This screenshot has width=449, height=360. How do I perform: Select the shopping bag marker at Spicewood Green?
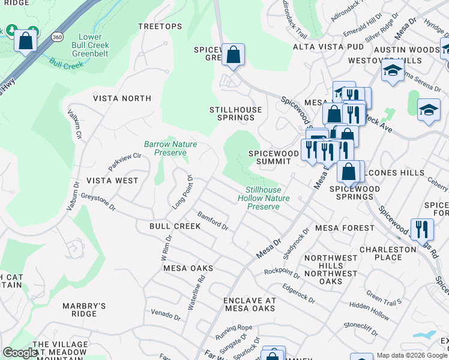233,55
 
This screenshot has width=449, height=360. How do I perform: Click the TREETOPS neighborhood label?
160,26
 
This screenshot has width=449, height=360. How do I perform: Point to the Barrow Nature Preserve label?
170,148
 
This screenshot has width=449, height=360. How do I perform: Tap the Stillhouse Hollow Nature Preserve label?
264,198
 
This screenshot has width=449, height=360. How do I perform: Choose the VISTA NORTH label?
122,98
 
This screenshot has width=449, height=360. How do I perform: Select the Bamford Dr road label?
213,221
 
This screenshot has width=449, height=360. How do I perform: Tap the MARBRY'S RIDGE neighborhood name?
84,310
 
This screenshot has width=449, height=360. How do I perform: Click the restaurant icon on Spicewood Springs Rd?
422,229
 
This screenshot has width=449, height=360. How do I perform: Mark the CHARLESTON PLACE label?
388,253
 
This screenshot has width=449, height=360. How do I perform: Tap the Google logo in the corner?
19,353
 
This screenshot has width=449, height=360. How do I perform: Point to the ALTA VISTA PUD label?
328,46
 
